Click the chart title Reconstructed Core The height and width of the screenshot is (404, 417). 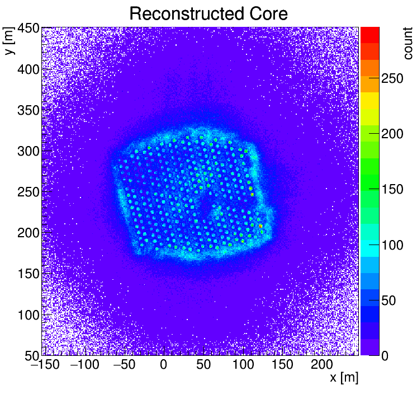tap(209, 14)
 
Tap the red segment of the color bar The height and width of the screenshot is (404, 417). tap(369, 35)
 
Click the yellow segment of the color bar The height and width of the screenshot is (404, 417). tap(369, 100)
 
